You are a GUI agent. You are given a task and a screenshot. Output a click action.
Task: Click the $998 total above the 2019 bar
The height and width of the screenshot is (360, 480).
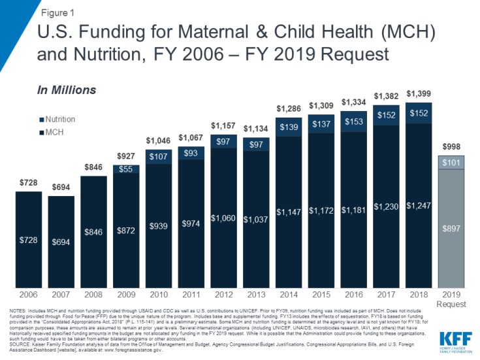click(x=451, y=146)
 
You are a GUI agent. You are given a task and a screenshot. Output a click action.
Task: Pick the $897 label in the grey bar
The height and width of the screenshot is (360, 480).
click(x=451, y=229)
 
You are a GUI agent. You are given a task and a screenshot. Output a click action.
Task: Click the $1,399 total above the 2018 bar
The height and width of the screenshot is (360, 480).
click(x=418, y=93)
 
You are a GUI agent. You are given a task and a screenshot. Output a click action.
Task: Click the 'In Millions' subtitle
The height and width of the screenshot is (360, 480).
click(x=66, y=90)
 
